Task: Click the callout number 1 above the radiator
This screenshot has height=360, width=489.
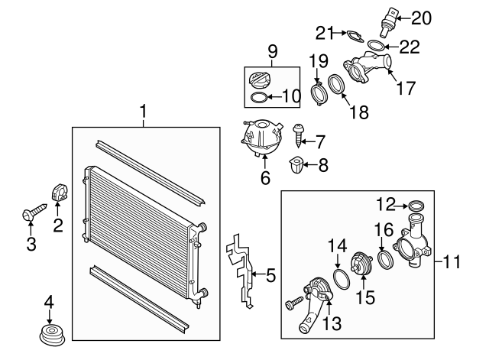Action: coord(143,113)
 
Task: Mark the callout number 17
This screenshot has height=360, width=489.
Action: coord(405,88)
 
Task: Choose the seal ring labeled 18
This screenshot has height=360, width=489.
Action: coord(336,86)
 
